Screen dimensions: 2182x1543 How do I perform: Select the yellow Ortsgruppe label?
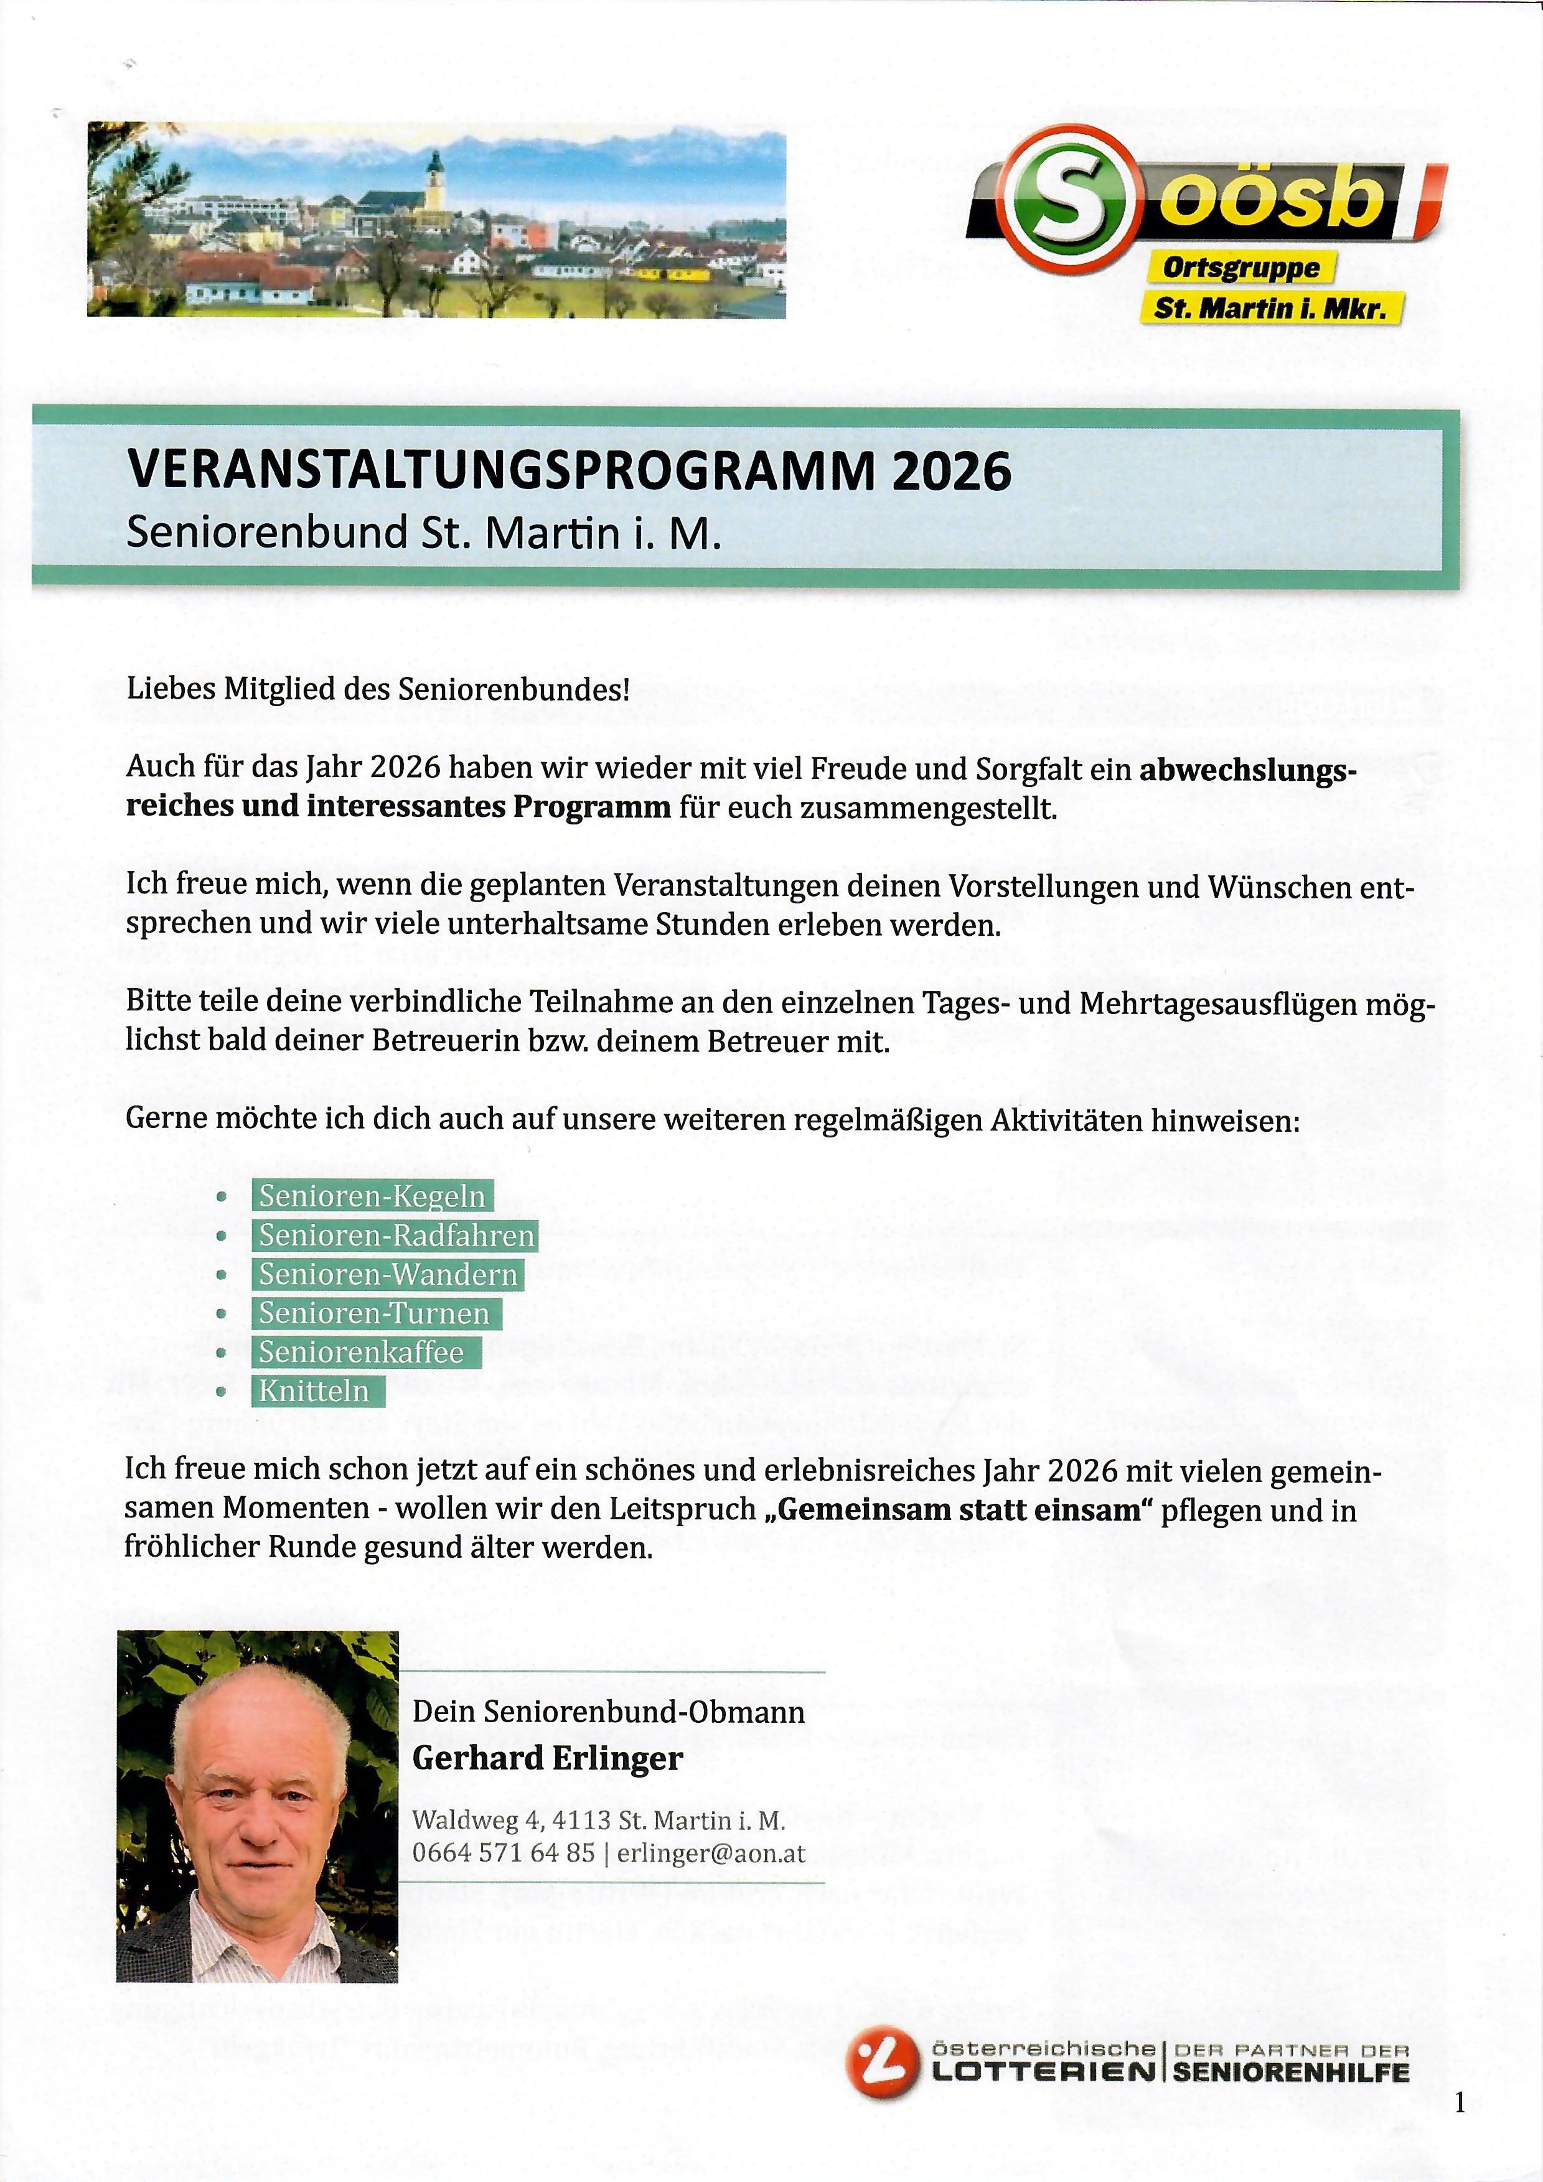(x=1240, y=268)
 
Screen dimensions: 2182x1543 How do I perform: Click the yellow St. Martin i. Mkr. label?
(x=1270, y=309)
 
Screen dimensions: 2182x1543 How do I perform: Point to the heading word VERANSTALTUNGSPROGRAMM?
(x=499, y=470)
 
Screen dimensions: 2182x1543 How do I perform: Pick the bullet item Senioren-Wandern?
(x=388, y=1274)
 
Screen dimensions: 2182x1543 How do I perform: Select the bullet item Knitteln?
(x=314, y=1391)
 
